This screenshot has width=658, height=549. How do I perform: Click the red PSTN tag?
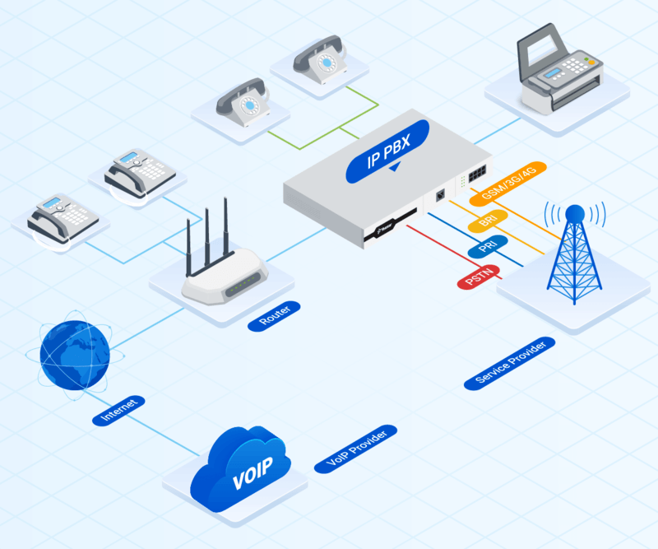click(478, 277)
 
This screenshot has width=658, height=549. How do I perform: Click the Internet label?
click(119, 410)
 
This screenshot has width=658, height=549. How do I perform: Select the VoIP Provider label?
click(355, 449)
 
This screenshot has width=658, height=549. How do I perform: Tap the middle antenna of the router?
click(206, 239)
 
